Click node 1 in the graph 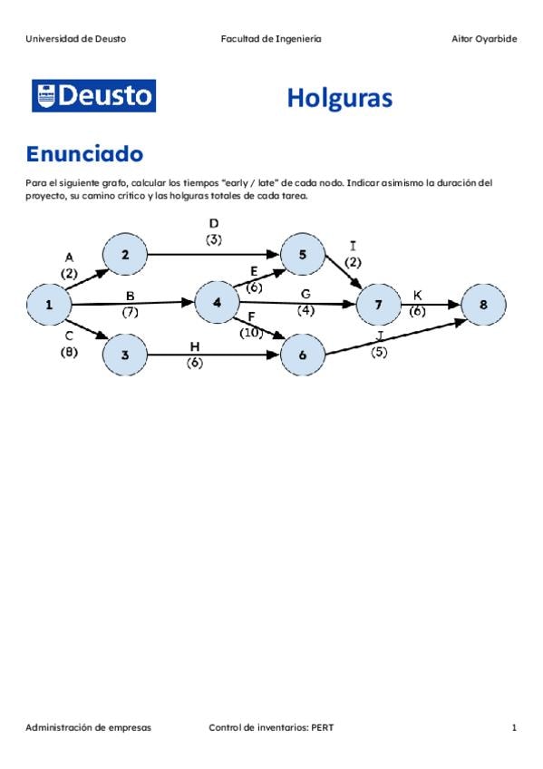click(x=49, y=305)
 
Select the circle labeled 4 click(x=217, y=303)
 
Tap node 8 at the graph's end click(x=483, y=305)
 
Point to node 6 click(x=303, y=355)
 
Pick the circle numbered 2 click(x=125, y=255)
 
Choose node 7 click(x=378, y=305)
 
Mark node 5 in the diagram click(x=303, y=255)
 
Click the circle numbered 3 click(x=125, y=355)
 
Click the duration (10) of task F click(x=251, y=333)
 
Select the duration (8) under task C click(x=69, y=352)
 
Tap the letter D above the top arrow click(x=214, y=224)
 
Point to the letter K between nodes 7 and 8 click(x=418, y=296)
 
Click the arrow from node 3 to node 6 click(x=213, y=355)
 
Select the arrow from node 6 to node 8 click(x=396, y=337)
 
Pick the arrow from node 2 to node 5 click(x=213, y=255)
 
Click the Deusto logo click(x=94, y=95)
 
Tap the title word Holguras click(x=340, y=98)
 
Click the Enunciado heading click(x=84, y=153)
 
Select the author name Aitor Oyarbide click(x=484, y=39)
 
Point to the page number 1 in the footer click(x=514, y=727)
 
